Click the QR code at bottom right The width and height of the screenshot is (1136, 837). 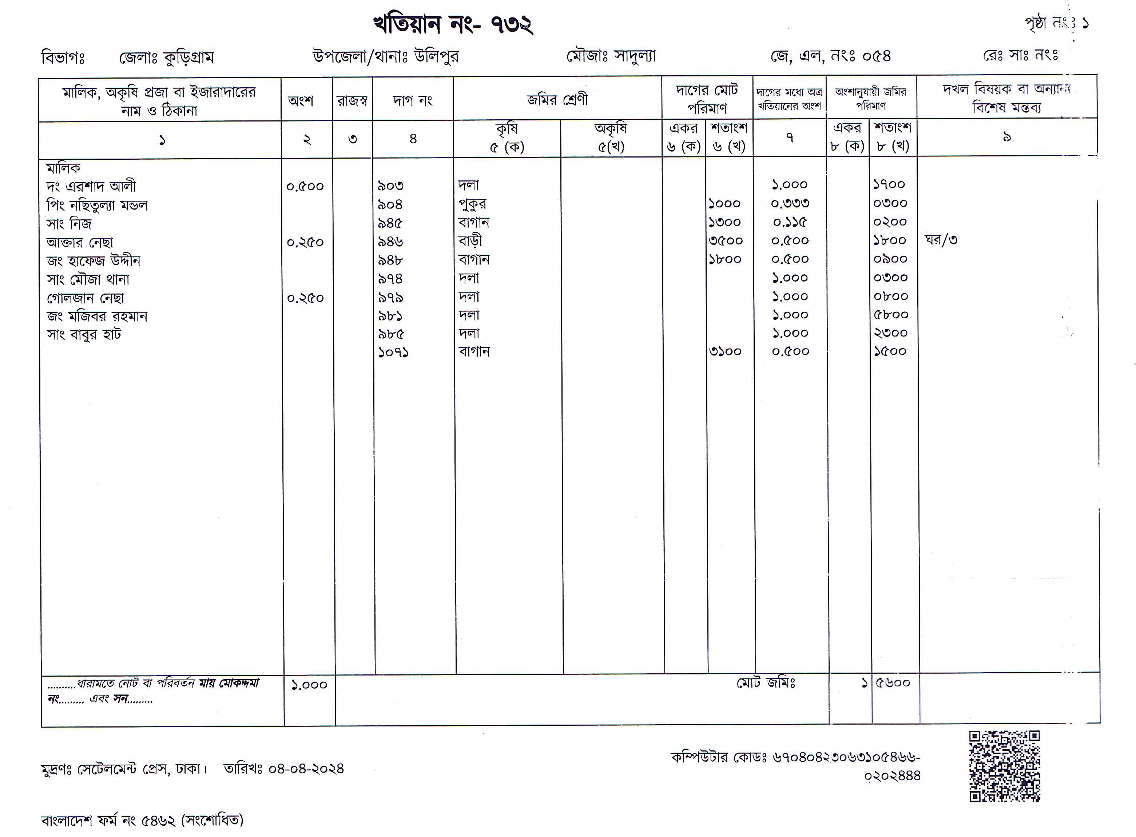pos(1004,766)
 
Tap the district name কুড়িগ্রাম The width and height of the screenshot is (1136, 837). pos(189,57)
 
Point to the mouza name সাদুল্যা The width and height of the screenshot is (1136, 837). pos(634,56)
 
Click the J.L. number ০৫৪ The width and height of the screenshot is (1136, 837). pos(876,56)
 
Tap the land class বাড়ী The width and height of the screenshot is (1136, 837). pos(470,241)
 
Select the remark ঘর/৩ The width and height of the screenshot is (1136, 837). pos(941,240)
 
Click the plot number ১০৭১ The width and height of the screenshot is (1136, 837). pos(393,352)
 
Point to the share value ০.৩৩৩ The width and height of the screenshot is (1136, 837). pos(790,204)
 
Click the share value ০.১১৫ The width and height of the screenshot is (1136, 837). pos(790,222)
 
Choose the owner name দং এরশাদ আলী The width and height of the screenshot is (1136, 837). pos(91,187)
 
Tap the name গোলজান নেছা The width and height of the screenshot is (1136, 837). pos(85,298)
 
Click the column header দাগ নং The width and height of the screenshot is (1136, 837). pos(413,100)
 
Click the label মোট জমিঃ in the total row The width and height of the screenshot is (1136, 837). pos(766,683)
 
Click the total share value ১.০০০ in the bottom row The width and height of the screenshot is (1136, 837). pos(309,685)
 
